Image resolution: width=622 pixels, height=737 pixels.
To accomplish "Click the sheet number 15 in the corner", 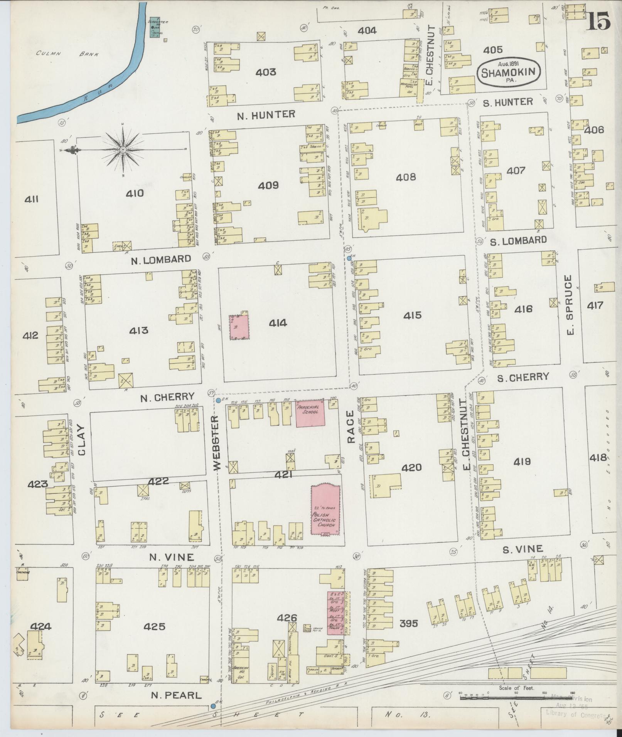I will coord(598,20).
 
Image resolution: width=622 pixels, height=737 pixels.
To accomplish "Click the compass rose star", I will coord(123,149).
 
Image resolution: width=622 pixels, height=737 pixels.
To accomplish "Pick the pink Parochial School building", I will coord(310,413).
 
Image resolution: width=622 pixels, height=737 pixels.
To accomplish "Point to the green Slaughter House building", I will coord(156,27).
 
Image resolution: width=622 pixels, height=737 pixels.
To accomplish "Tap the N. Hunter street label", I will coord(266,114).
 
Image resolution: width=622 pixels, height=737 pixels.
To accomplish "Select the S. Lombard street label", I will coord(518,240).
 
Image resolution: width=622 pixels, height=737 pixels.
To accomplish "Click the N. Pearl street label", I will coord(176,695).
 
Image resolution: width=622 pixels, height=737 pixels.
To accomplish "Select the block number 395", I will coord(408,623).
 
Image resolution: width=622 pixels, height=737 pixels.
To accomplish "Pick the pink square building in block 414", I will coord(239,327).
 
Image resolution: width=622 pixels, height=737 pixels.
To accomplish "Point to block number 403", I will coord(266,72).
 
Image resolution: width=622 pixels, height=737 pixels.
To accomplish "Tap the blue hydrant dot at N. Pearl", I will coord(213,706).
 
